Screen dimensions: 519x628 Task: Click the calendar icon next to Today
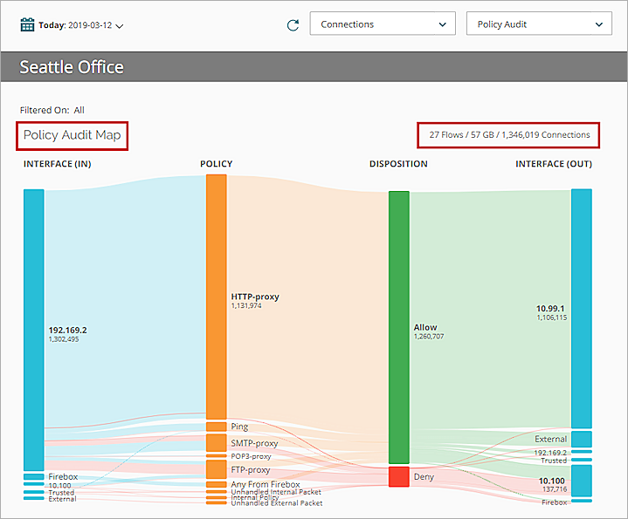(27, 24)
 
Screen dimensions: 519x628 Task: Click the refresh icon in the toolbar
(293, 24)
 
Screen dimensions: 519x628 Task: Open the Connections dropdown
(383, 24)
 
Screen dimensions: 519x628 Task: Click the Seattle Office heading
(72, 67)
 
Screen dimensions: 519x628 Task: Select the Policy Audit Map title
(72, 135)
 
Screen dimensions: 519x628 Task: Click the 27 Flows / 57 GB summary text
(509, 135)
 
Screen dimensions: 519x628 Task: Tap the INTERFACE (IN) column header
(58, 164)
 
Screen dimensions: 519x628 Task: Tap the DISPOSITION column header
(398, 164)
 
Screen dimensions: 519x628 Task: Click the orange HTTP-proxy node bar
(216, 297)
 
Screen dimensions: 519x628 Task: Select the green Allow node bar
(398, 327)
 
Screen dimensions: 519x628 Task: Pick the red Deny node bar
(398, 476)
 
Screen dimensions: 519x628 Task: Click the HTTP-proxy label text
(255, 297)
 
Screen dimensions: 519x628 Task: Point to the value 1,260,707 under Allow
(429, 336)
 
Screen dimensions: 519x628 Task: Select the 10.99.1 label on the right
(550, 308)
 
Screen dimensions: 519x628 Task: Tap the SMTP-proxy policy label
(254, 443)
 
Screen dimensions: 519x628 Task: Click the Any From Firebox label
(266, 484)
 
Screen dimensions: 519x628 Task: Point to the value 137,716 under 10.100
(554, 489)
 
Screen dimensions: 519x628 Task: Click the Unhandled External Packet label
(276, 503)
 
